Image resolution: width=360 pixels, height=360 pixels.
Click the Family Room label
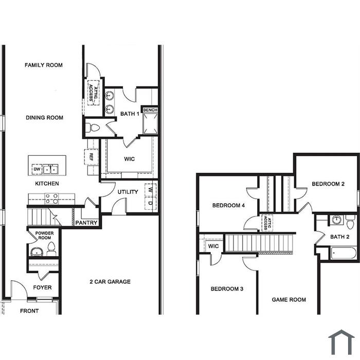click(44, 65)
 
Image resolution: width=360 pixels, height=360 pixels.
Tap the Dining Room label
click(44, 118)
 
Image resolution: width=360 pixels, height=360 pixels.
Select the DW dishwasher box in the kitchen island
click(37, 169)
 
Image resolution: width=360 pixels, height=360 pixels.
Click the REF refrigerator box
click(91, 157)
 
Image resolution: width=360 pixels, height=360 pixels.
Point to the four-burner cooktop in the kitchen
click(51, 199)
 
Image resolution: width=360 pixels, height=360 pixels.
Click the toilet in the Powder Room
click(51, 248)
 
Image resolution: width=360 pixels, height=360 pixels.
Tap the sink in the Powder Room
click(37, 251)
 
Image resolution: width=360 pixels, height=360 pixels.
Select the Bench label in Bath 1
click(150, 110)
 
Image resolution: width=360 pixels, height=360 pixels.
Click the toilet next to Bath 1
click(92, 128)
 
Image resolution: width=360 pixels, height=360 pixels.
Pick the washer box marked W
click(151, 190)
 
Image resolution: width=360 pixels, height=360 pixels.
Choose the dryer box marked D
click(151, 203)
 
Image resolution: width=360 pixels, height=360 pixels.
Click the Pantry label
click(86, 223)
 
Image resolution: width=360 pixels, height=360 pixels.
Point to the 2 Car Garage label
click(110, 282)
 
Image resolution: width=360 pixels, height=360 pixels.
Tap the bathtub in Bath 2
click(344, 253)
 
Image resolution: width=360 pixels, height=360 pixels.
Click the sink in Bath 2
click(336, 220)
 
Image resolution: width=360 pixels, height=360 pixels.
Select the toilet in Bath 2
click(350, 222)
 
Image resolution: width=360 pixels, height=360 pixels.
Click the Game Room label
click(289, 300)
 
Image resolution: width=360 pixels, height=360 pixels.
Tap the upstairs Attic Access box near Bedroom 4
click(267, 223)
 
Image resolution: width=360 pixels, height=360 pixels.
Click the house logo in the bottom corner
click(341, 342)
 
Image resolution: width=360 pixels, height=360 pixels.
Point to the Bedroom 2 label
click(328, 184)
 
